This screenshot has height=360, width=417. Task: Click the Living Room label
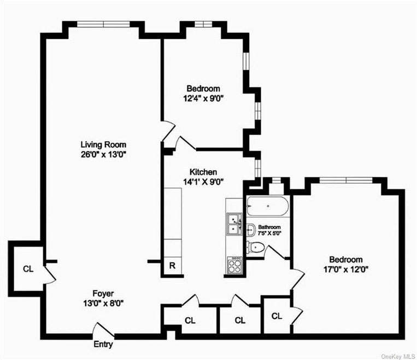(103, 144)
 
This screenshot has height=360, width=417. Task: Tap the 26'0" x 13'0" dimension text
(103, 154)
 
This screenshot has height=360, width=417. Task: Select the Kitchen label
(203, 172)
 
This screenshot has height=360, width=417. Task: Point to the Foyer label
(103, 293)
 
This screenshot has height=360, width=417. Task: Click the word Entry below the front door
(103, 344)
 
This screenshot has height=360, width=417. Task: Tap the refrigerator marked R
(173, 265)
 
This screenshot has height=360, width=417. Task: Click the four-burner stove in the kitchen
(234, 265)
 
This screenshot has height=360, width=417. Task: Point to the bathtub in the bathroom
(267, 206)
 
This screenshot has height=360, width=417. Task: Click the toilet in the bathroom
(255, 248)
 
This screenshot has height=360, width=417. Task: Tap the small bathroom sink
(250, 230)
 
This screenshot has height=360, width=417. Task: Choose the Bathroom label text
(269, 227)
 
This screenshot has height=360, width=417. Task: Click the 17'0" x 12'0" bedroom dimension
(346, 270)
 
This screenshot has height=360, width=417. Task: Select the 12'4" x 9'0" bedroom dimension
(203, 98)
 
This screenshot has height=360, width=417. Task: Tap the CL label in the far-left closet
(28, 269)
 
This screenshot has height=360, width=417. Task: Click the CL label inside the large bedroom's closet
(277, 316)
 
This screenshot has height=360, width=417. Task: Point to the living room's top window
(103, 24)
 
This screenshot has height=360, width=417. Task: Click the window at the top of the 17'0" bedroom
(346, 180)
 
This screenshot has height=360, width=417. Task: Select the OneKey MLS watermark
(398, 356)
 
